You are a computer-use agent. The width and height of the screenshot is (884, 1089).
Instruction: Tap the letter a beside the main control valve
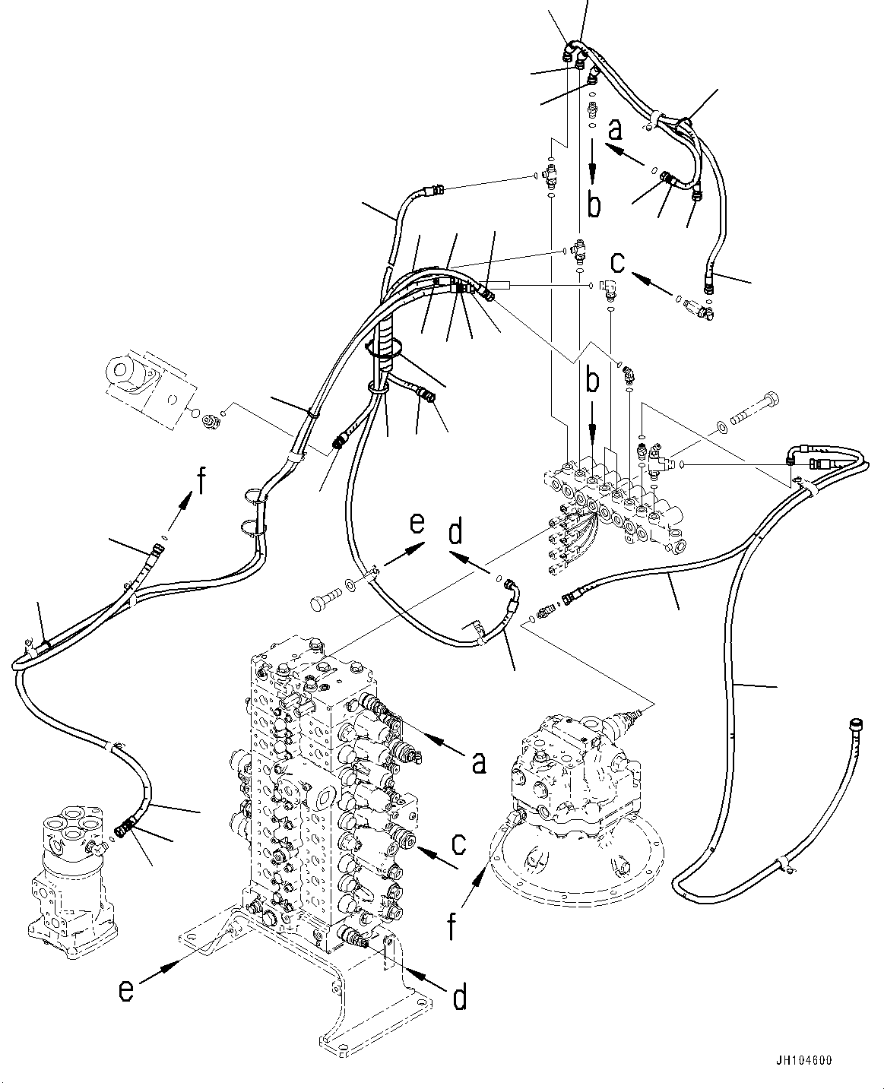(x=478, y=761)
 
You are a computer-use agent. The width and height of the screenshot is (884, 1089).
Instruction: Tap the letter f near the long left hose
(x=201, y=481)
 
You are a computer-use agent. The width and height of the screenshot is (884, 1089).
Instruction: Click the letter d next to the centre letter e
(x=455, y=533)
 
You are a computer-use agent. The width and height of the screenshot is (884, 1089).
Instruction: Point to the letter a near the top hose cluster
(x=615, y=129)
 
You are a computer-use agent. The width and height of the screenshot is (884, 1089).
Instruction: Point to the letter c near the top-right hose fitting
(x=619, y=262)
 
